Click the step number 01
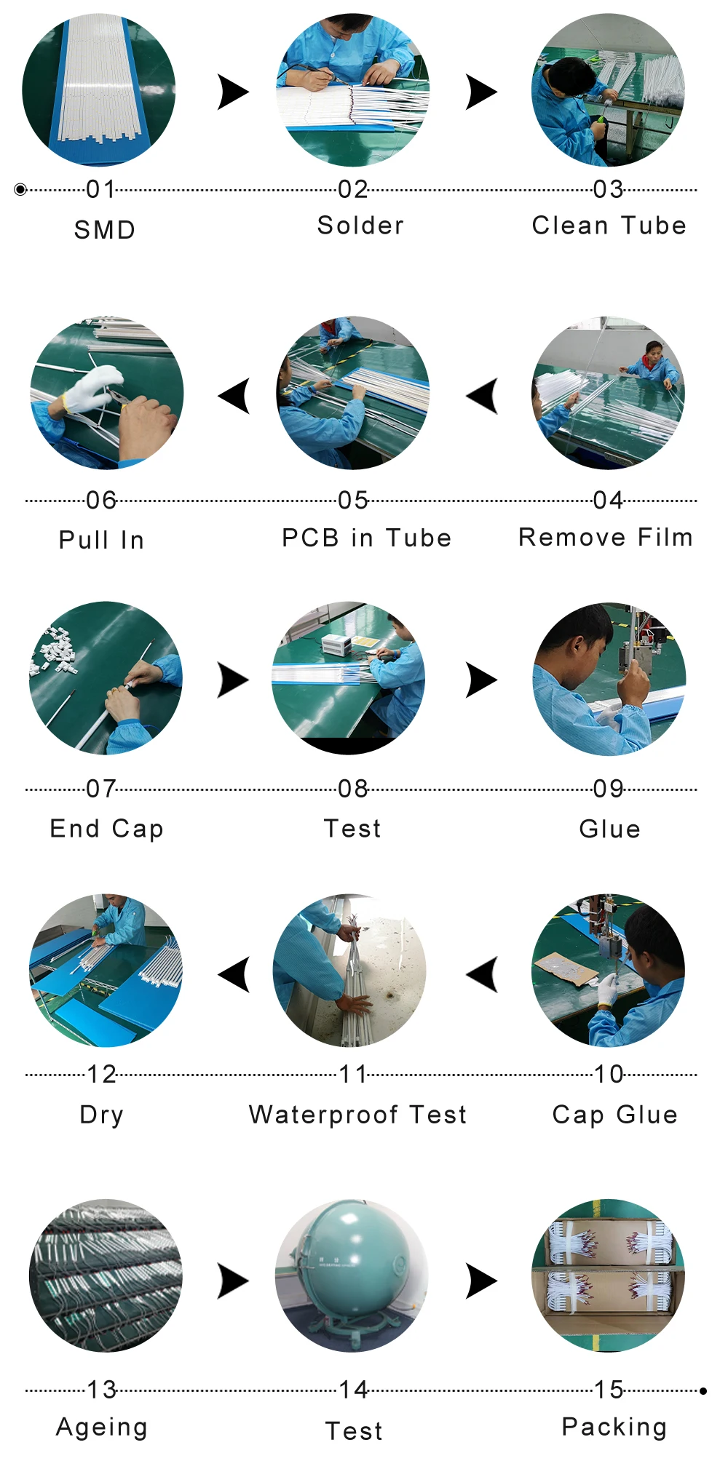[100, 190]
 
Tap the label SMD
[105, 230]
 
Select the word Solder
[360, 226]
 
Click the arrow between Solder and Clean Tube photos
[481, 92]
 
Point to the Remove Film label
[606, 537]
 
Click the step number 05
[353, 501]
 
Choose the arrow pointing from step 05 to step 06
[234, 396]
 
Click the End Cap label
[106, 829]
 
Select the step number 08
[353, 789]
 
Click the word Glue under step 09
[610, 829]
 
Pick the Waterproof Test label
[357, 1115]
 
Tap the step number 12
[101, 1074]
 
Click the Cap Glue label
[615, 1115]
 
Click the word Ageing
[102, 1428]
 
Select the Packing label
[614, 1428]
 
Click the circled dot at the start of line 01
[20, 190]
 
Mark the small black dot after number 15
[703, 1391]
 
